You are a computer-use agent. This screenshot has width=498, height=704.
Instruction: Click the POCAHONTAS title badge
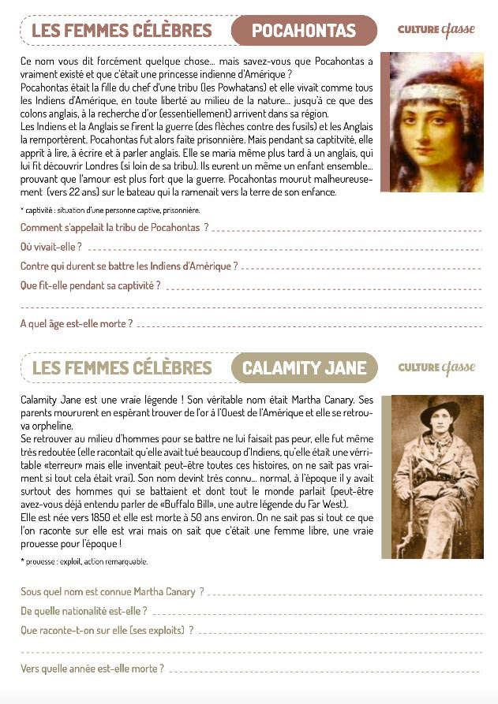304,31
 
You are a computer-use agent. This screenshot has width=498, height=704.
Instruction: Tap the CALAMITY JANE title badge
304,368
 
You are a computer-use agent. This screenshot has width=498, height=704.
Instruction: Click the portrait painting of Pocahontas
431,121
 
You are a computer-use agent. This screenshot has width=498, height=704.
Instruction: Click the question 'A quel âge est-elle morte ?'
77,323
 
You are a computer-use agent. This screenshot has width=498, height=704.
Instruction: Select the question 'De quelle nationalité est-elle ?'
84,610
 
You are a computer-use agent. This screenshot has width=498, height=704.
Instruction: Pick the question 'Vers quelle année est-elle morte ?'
92,669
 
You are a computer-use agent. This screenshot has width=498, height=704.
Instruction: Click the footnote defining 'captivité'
110,210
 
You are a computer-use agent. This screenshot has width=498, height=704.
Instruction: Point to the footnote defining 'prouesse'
84,561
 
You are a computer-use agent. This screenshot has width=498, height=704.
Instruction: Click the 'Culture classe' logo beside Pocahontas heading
436,31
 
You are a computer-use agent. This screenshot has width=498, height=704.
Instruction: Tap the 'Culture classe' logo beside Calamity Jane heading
436,367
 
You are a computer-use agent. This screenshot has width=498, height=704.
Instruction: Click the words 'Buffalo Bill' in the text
187,505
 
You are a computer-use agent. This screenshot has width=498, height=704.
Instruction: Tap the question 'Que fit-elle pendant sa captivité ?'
90,285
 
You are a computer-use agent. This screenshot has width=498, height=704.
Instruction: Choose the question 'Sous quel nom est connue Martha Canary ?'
112,590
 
